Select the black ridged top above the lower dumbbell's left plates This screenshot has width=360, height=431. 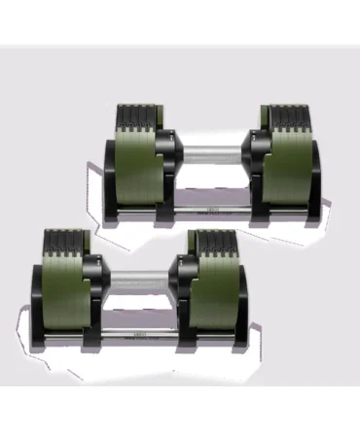tap(73, 241)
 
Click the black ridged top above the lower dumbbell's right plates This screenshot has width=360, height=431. tap(213, 242)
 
